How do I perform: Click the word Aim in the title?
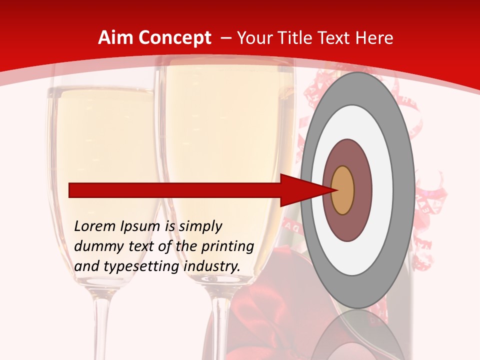[115, 38]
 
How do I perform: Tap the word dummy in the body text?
[95, 246]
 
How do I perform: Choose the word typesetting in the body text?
[139, 267]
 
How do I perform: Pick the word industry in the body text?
[212, 267]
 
